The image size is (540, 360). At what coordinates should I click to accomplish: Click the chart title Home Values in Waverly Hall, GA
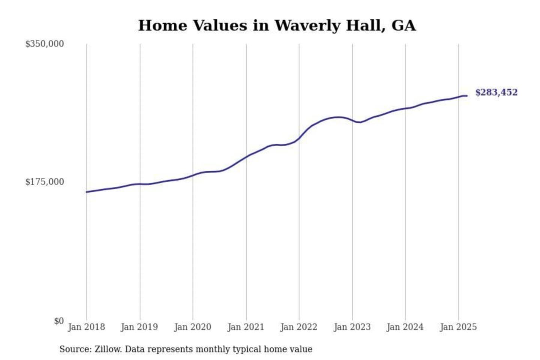(277, 25)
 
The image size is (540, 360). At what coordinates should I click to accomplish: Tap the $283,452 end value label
(496, 92)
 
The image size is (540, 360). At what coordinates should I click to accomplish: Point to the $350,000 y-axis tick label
(45, 44)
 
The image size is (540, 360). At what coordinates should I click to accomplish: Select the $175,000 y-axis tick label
(45, 182)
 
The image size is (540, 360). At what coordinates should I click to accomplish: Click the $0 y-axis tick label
(59, 321)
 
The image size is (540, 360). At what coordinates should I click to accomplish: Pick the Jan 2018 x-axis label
(87, 327)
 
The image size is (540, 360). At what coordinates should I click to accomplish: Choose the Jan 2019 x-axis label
(139, 327)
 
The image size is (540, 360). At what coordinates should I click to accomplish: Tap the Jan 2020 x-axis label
(193, 327)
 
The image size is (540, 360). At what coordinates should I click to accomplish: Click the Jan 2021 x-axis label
(246, 327)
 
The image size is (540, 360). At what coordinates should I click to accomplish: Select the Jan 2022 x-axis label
(299, 327)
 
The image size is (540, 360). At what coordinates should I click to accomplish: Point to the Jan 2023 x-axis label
(352, 327)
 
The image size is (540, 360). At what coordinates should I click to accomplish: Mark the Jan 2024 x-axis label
(405, 327)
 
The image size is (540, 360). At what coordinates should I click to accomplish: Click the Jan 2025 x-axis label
(458, 327)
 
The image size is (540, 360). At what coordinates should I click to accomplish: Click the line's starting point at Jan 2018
(87, 192)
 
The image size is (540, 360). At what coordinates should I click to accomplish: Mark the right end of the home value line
(467, 96)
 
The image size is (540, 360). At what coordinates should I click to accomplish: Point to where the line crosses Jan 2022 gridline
(299, 138)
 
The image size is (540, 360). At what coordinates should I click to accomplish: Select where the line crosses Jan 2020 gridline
(193, 175)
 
